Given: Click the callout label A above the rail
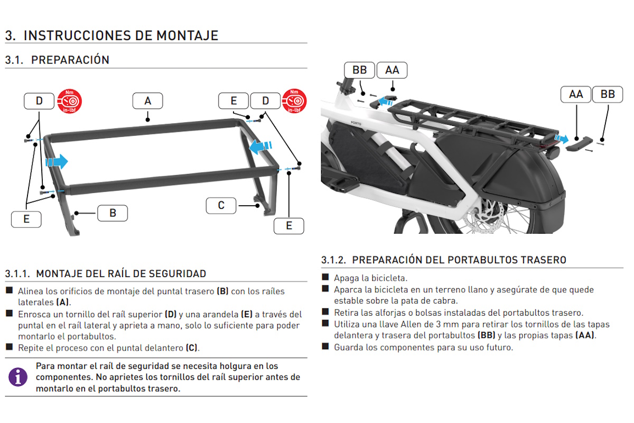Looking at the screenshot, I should pos(147,101).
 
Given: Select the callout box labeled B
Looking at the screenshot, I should pos(113,213).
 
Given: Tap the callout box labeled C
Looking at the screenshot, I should pos(221,205).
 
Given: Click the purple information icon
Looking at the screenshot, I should pos(17,377).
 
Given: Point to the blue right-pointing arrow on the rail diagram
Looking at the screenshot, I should pos(57,161).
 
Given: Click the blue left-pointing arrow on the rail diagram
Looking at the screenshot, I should pos(262,145).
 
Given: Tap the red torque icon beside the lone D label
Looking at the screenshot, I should pos(70,101).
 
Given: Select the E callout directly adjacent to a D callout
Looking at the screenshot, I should pos(234,101).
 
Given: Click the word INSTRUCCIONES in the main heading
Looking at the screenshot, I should pos(88,35).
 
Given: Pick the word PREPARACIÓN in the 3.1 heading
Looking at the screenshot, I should pos(70,60).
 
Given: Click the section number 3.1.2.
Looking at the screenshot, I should pos(333,260).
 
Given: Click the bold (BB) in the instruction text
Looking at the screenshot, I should pos(486,335).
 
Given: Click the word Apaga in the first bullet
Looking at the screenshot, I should pos(346,278).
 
